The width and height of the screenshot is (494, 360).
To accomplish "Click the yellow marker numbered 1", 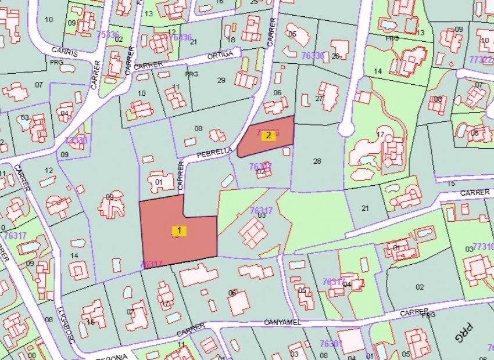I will pos(180,231).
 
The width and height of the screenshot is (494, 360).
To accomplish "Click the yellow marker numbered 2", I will pos(268,135).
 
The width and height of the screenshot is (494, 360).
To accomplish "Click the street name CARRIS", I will pos(65,52).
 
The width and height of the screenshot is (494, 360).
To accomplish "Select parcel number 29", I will pos(221,80).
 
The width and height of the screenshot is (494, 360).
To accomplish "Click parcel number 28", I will pos(317,161).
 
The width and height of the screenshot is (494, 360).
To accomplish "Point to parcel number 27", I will pos(318,98).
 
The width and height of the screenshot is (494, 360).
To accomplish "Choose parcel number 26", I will pos(335,56).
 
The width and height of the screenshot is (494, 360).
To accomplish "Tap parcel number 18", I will pos(231,39).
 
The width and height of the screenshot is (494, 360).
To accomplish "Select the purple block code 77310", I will pos(483,246).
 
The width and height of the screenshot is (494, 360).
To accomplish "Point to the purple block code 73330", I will pos(76,140).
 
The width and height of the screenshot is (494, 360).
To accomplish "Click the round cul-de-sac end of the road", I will pos(347,128).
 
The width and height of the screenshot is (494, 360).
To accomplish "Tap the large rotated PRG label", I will pos(464,333).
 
